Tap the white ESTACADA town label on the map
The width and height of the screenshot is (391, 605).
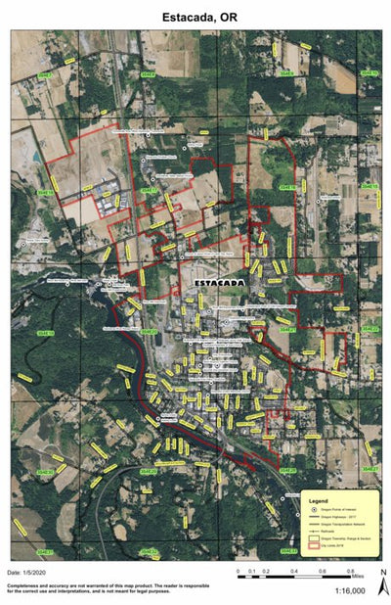[x=221, y=283]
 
